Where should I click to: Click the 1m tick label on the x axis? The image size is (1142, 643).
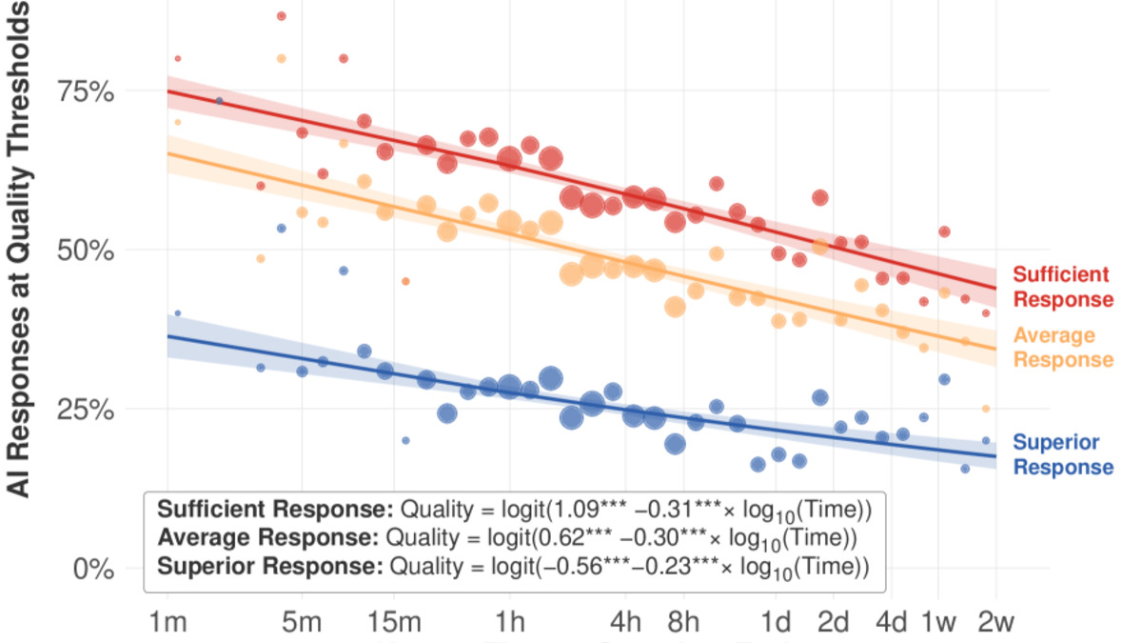(167, 625)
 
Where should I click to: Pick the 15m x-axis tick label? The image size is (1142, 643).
(394, 625)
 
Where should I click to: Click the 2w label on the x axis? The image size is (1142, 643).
(994, 625)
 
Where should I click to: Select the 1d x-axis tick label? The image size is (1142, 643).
(778, 625)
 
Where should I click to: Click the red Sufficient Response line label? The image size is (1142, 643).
(1062, 287)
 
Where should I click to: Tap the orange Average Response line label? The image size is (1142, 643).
(1062, 348)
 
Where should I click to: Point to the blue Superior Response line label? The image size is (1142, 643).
(1062, 454)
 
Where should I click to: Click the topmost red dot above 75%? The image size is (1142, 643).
(281, 16)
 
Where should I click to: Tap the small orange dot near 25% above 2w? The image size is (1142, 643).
(986, 409)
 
